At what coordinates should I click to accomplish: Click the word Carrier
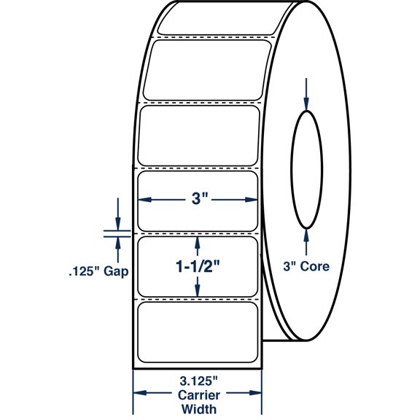pyautogui.click(x=197, y=394)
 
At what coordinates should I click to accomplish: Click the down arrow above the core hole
pyautogui.click(x=306, y=102)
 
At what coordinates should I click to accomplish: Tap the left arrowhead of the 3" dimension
pyautogui.click(x=144, y=200)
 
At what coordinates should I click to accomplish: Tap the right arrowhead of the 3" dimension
pyautogui.click(x=252, y=200)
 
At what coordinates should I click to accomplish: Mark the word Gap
pyautogui.click(x=117, y=272)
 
